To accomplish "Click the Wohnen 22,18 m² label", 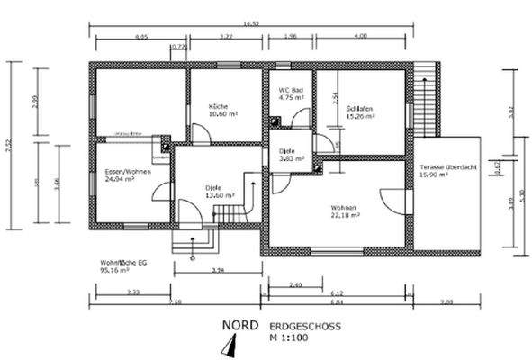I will (x=345, y=211).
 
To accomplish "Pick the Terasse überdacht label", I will (x=446, y=172).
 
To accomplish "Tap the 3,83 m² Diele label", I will (x=289, y=155).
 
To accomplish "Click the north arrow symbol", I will (x=231, y=345).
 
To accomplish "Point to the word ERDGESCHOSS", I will (x=298, y=325).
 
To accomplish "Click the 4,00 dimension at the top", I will (x=361, y=37).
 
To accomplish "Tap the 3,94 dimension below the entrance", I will (x=216, y=269).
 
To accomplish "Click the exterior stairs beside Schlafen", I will (x=426, y=99).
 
